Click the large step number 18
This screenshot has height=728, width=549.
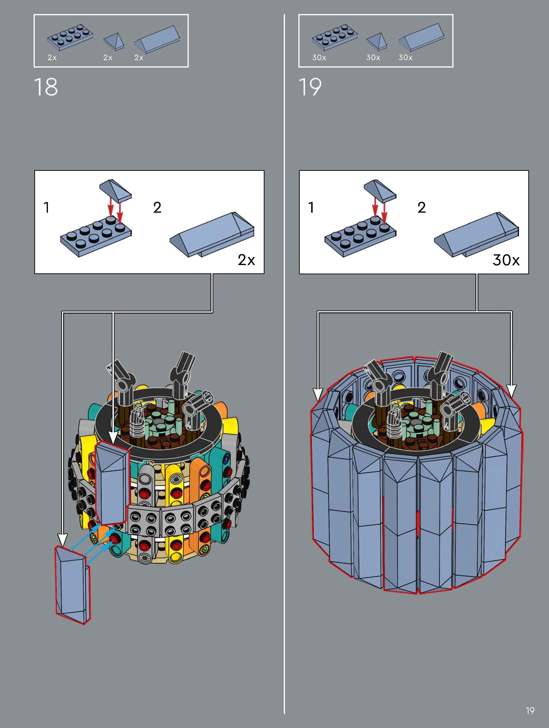pos(46,87)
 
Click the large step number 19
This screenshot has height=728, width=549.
pos(310,87)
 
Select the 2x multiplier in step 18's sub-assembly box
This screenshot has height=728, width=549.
pos(246,260)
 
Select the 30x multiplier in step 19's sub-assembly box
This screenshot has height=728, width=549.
pos(506,260)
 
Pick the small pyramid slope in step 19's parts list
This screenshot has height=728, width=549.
pos(377,42)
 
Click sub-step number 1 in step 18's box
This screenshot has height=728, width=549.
pos(47,207)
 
